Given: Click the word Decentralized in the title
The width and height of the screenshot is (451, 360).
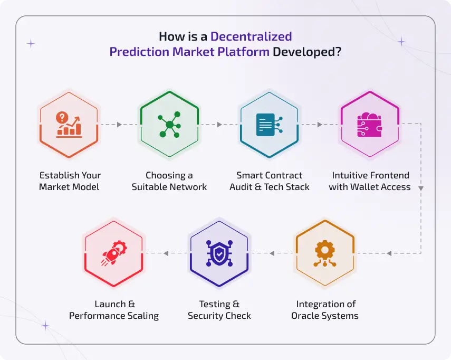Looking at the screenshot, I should pyautogui.click(x=251, y=36).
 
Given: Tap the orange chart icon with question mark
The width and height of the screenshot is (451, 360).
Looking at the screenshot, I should pyautogui.click(x=69, y=125).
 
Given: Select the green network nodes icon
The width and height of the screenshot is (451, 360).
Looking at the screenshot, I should pyautogui.click(x=169, y=125).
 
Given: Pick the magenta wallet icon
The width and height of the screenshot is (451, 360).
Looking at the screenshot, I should pyautogui.click(x=370, y=125).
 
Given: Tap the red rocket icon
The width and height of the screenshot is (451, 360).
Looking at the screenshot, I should pyautogui.click(x=113, y=254).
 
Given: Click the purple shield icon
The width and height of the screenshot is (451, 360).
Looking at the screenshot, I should pyautogui.click(x=219, y=254).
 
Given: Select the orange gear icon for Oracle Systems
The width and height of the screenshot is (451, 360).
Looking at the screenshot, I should pyautogui.click(x=324, y=254).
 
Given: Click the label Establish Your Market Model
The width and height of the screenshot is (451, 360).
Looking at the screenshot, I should pyautogui.click(x=70, y=181).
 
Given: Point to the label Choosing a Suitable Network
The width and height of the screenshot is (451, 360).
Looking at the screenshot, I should pyautogui.click(x=169, y=181).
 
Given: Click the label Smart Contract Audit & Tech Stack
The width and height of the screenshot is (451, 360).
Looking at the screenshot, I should pyautogui.click(x=270, y=181).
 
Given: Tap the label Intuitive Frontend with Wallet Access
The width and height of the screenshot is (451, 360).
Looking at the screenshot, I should pyautogui.click(x=370, y=181).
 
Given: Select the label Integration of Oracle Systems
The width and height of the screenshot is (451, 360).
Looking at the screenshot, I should pyautogui.click(x=325, y=310).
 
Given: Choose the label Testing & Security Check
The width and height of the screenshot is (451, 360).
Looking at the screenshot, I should pyautogui.click(x=219, y=310).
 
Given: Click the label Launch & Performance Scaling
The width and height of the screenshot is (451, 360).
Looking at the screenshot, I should pyautogui.click(x=114, y=310).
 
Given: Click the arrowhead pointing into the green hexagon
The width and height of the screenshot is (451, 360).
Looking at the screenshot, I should pyautogui.click(x=119, y=125).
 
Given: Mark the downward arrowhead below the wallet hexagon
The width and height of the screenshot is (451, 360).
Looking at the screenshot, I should pyautogui.click(x=420, y=187).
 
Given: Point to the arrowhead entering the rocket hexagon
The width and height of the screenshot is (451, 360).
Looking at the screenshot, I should pyautogui.click(x=166, y=253).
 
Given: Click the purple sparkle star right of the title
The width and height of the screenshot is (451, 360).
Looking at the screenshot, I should pyautogui.click(x=401, y=41).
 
